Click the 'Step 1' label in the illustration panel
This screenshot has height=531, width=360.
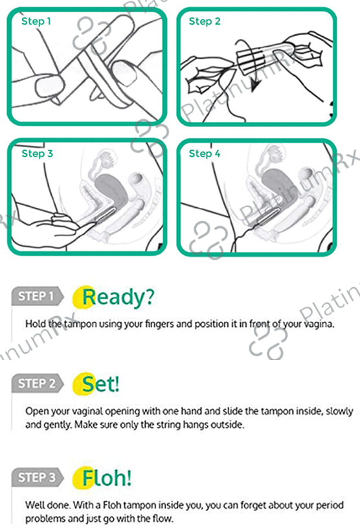pos(36,21)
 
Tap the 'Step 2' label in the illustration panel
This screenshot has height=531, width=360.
pos(204,21)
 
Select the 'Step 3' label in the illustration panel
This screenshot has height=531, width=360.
pos(38,153)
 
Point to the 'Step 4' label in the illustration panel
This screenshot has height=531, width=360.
pos(205,153)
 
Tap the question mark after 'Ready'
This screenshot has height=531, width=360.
pos(148,297)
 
